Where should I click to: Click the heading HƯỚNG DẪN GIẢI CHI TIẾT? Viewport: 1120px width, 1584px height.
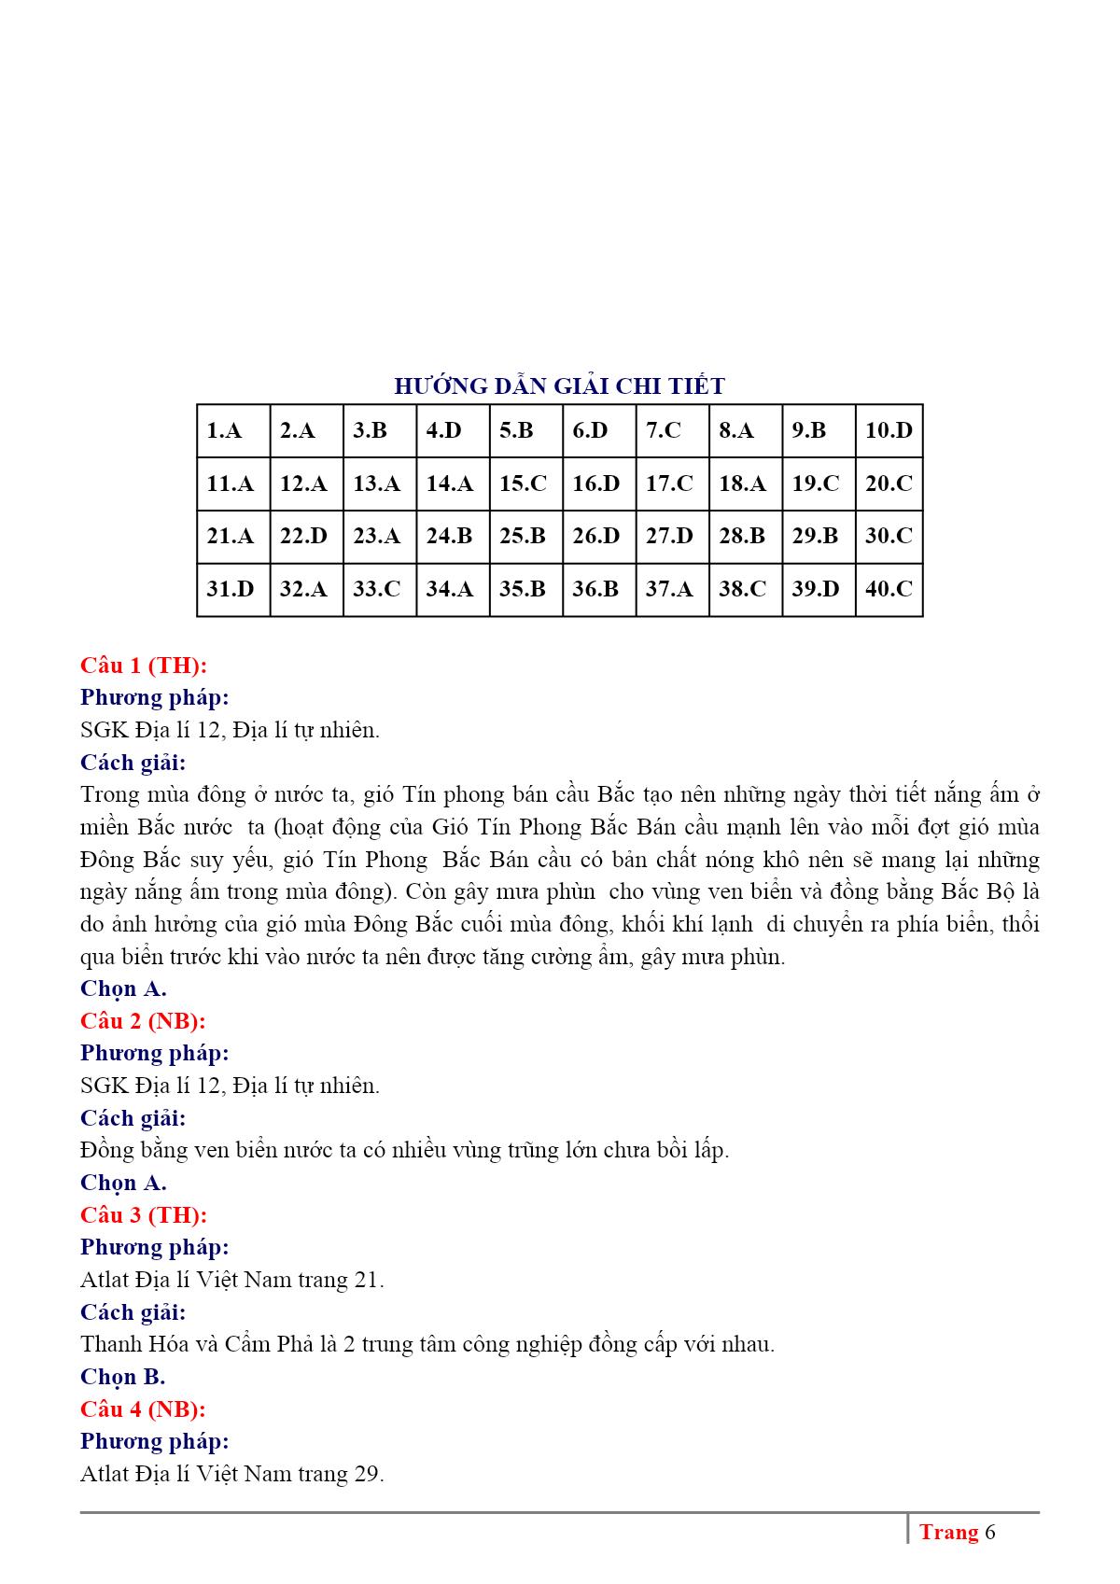pyautogui.click(x=559, y=385)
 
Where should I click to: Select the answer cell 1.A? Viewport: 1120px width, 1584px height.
pyautogui.click(x=233, y=430)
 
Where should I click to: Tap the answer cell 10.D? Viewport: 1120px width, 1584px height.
pyautogui.click(x=889, y=430)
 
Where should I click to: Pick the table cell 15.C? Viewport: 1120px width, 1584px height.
pyautogui.click(x=525, y=484)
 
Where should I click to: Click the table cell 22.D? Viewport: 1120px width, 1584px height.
pyautogui.click(x=306, y=536)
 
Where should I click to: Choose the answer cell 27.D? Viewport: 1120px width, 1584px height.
pyautogui.click(x=672, y=536)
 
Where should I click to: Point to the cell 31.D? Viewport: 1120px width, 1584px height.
pyautogui.click(x=233, y=589)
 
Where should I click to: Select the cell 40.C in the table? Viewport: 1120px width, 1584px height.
pyautogui.click(x=889, y=589)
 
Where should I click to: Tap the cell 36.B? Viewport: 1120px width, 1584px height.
pyautogui.click(x=598, y=589)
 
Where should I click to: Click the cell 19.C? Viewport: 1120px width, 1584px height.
pyautogui.click(x=818, y=484)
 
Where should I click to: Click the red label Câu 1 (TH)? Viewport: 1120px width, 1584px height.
pyautogui.click(x=144, y=666)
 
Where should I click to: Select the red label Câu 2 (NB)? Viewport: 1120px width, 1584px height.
pyautogui.click(x=143, y=1021)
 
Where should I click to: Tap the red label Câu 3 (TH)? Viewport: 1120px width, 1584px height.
pyautogui.click(x=144, y=1215)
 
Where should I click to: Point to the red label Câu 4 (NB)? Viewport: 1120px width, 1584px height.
pyautogui.click(x=143, y=1409)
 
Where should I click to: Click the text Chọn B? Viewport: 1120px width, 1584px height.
pyautogui.click(x=122, y=1377)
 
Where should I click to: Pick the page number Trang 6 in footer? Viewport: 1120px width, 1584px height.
pyautogui.click(x=957, y=1533)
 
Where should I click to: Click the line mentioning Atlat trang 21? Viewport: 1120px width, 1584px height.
pyautogui.click(x=232, y=1280)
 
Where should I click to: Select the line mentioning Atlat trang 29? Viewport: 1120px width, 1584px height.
pyautogui.click(x=232, y=1474)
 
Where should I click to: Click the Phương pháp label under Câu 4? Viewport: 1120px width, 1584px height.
pyautogui.click(x=154, y=1441)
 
